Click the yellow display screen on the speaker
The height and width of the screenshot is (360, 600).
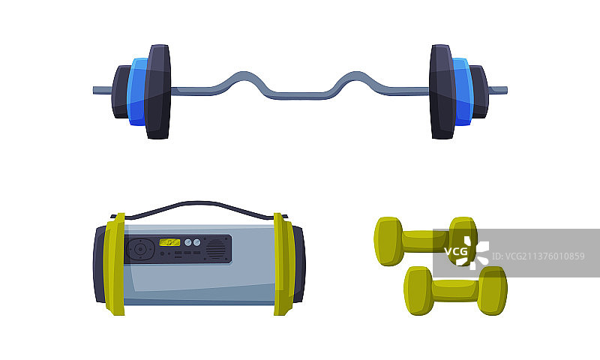169,242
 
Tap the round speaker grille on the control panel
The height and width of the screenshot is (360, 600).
216,249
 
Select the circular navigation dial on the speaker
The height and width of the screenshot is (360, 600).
140,250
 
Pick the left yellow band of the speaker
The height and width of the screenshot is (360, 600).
115,264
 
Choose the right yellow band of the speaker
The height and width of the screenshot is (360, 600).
284,264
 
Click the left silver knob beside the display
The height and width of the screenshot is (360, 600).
188,242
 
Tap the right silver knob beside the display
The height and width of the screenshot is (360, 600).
196,242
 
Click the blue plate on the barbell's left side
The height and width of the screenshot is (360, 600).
137,91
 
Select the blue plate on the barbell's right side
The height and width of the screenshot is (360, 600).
463,91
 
